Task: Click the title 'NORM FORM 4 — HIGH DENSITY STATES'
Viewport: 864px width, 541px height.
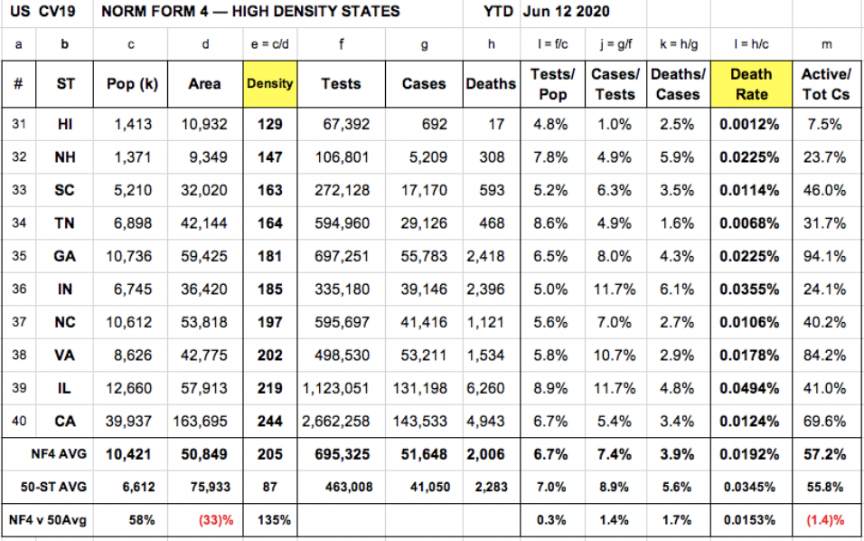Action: (x=250, y=12)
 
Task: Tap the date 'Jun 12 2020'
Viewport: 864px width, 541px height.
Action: (x=567, y=12)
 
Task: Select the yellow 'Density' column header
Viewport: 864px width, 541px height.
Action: (x=270, y=84)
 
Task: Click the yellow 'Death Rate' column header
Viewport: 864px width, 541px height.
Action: (x=750, y=84)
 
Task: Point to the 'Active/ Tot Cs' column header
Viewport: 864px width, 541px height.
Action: (x=825, y=84)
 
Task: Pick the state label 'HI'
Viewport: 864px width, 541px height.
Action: (x=65, y=125)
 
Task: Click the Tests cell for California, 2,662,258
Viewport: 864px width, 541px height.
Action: (x=336, y=421)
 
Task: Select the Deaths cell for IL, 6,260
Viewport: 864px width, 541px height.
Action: (x=486, y=388)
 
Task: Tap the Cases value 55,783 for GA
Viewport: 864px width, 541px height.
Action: (x=424, y=256)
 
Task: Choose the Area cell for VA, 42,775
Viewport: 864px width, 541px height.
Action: (x=204, y=356)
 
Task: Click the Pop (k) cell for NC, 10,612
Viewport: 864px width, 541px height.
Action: (x=131, y=322)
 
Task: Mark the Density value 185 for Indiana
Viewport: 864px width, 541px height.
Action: (x=269, y=289)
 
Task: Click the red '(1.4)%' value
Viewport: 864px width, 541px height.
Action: (x=824, y=520)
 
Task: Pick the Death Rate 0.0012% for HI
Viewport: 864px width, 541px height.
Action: (x=749, y=125)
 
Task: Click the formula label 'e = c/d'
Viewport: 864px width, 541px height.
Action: (x=269, y=43)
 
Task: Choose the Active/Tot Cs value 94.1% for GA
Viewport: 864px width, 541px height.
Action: (x=824, y=256)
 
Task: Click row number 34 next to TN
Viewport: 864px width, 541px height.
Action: (x=18, y=223)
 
